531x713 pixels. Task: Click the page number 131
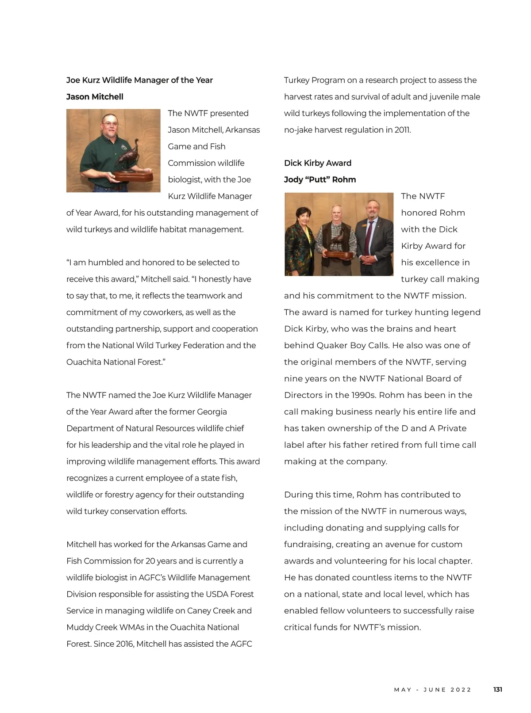click(497, 690)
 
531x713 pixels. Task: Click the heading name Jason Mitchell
click(95, 97)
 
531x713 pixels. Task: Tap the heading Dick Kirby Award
click(318, 163)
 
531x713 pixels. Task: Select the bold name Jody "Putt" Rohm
click(320, 179)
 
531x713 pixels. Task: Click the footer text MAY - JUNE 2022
click(433, 690)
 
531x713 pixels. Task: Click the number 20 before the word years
click(150, 561)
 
